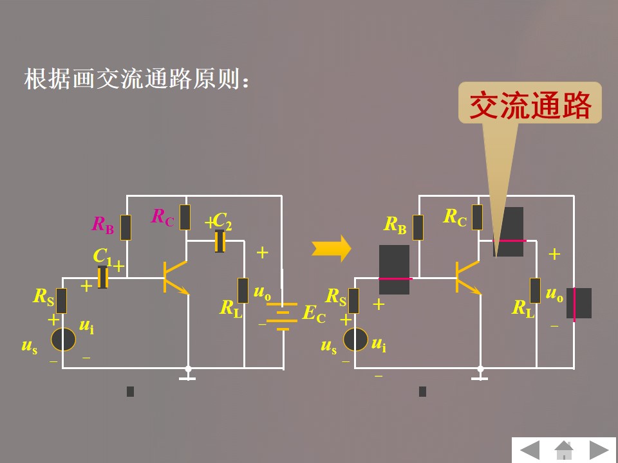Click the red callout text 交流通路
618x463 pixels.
530,105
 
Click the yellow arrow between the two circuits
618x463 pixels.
332,248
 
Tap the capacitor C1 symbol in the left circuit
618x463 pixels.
102,277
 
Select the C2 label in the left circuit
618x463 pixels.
222,221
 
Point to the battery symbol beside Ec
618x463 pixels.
281,316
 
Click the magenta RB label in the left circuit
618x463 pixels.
103,224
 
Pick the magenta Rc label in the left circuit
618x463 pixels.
162,217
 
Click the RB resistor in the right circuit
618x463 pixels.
418,227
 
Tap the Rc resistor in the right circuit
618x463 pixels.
477,217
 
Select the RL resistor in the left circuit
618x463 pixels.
243,290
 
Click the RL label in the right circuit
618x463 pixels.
523,309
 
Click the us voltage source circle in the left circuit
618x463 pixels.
64,339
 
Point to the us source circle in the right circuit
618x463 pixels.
355,339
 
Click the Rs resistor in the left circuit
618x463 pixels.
62,300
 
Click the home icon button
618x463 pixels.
564,449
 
